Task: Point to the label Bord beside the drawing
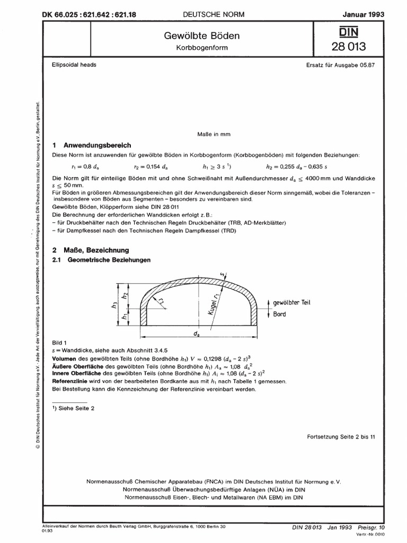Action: pyautogui.click(x=280, y=314)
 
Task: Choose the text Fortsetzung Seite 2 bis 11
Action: pyautogui.click(x=341, y=436)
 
